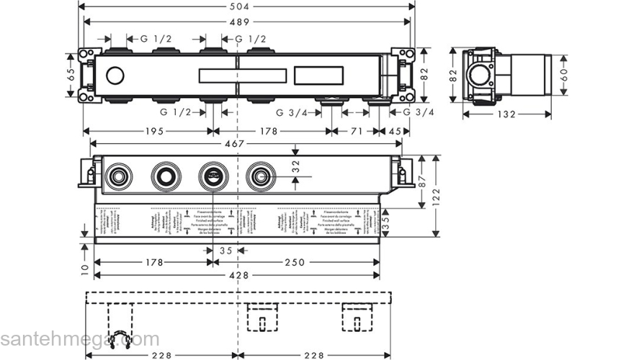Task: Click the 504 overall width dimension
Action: click(246, 6)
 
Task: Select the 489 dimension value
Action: click(246, 22)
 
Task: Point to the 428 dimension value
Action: click(238, 276)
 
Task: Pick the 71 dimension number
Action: click(355, 131)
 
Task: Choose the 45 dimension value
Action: click(396, 131)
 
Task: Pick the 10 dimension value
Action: click(85, 267)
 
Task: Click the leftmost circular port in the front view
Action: click(117, 175)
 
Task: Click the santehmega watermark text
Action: click(79, 339)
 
